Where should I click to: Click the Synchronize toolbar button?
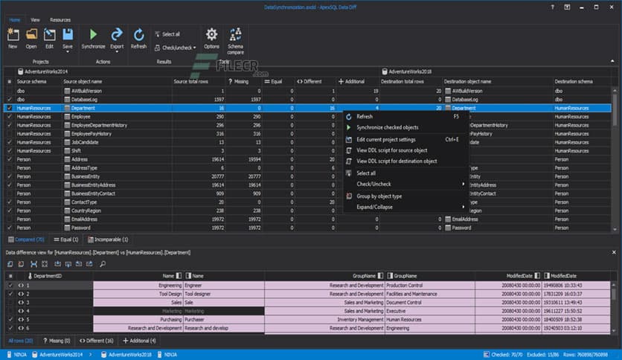coord(94,38)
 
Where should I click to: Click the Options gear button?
coord(211,38)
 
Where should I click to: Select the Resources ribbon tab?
coord(60,20)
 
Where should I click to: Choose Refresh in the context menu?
coord(365,117)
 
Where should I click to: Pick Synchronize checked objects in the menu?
coord(387,128)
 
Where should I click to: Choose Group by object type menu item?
coord(379,196)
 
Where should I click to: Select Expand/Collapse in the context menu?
coord(376,208)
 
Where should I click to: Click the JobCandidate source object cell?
coord(86,142)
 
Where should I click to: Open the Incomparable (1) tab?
coord(109,240)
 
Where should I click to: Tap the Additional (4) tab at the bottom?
coord(140,340)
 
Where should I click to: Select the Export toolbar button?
coord(117,38)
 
